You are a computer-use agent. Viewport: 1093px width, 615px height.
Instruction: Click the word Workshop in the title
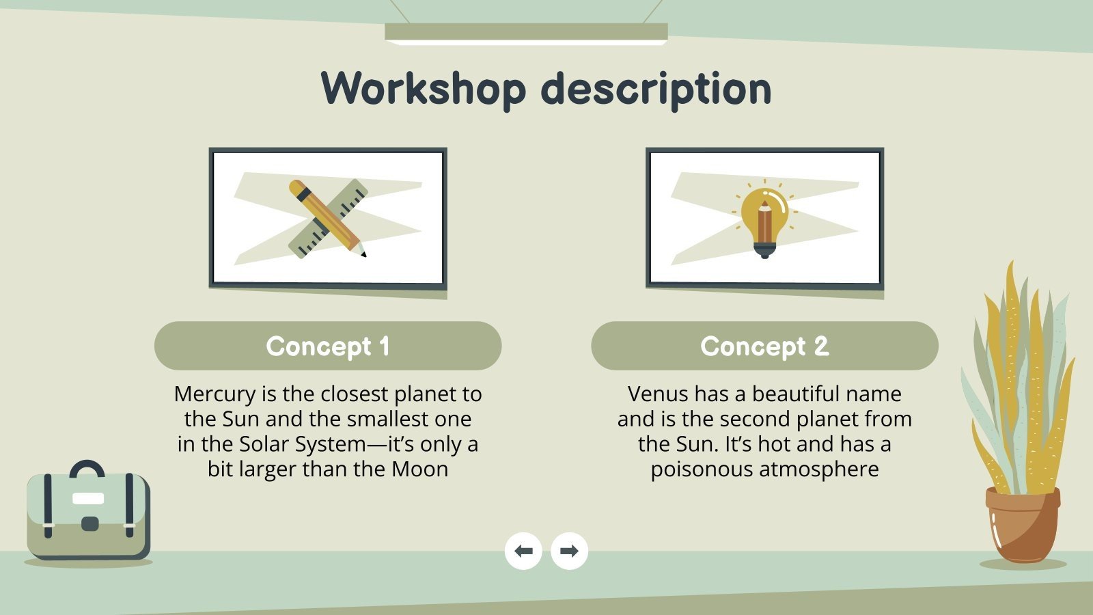pos(424,88)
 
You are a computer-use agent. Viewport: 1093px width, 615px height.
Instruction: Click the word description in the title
pos(656,90)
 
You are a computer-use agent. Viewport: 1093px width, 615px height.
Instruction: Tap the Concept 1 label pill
pos(328,346)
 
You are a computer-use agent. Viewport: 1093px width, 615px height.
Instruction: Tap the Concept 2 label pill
pos(764,346)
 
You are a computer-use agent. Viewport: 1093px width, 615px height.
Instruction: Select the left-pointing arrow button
pos(523,551)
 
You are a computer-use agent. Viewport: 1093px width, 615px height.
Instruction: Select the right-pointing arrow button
pos(569,551)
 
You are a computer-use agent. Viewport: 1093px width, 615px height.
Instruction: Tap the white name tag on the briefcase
pos(88,498)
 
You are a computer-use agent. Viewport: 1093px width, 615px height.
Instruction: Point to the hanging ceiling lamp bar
pos(526,32)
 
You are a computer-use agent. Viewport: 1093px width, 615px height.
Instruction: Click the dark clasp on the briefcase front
pos(89,524)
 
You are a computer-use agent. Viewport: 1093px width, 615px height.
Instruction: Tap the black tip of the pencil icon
pos(363,254)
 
